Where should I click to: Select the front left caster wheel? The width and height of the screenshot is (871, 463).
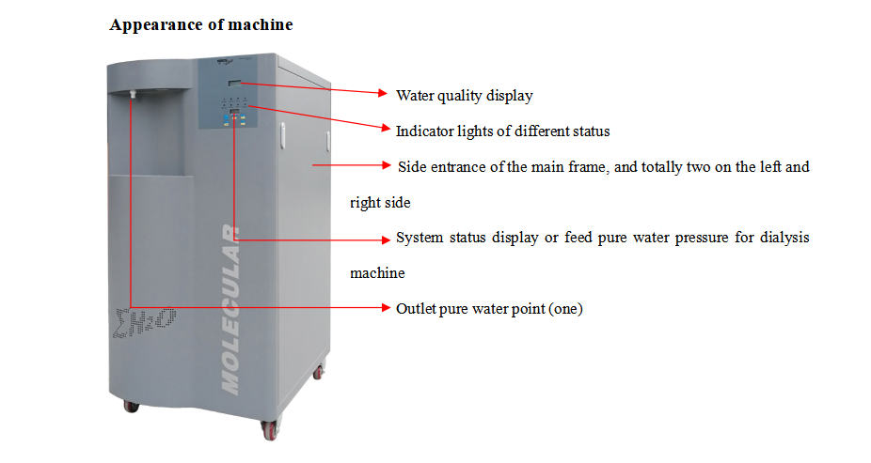coord(131,407)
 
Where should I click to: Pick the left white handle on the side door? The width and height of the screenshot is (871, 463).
coord(280,138)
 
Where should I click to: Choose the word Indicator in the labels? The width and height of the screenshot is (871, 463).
coord(424,131)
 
